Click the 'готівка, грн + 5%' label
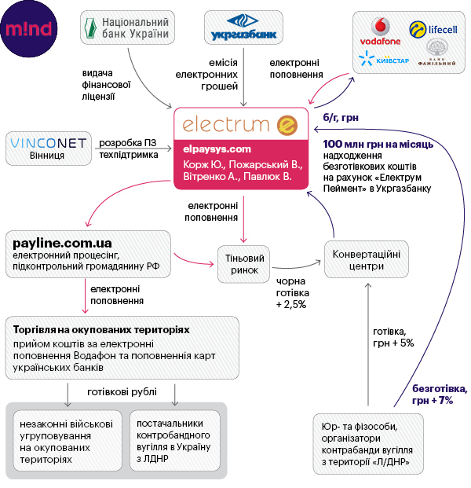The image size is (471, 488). pyautogui.click(x=392, y=336)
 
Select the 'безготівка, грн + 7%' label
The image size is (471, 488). pyautogui.click(x=440, y=394)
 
